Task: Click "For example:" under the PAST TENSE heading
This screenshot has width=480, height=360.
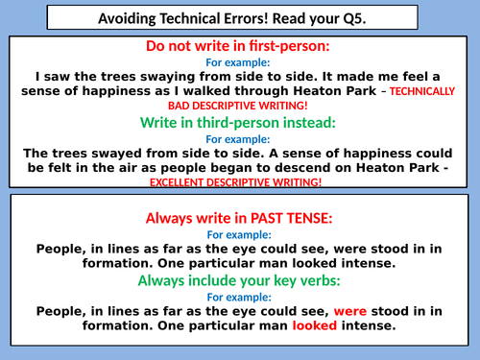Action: coord(240,233)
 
